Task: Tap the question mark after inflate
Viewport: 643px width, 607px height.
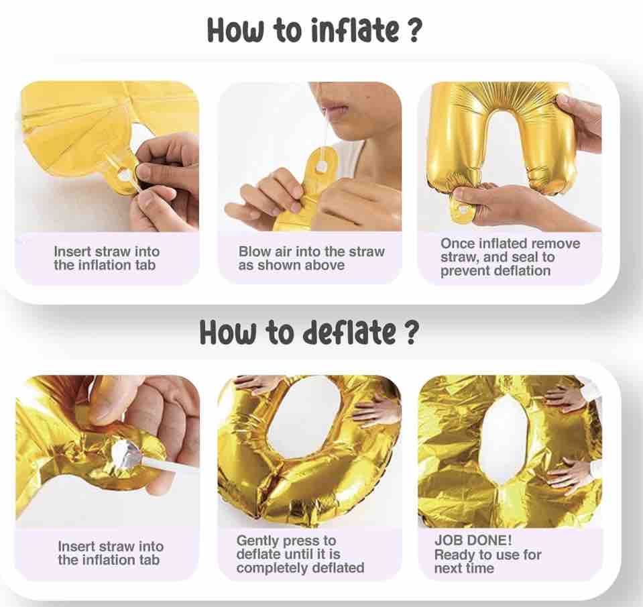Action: point(414,30)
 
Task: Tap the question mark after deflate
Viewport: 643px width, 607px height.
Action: point(412,332)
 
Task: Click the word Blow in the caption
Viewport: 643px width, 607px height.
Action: point(253,252)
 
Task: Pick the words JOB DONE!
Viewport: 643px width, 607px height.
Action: point(473,540)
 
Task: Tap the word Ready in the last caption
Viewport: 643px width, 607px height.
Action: point(453,555)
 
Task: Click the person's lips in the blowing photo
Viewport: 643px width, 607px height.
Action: point(337,109)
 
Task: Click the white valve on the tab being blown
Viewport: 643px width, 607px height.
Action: point(322,166)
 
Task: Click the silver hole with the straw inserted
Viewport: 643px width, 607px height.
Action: point(125,453)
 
